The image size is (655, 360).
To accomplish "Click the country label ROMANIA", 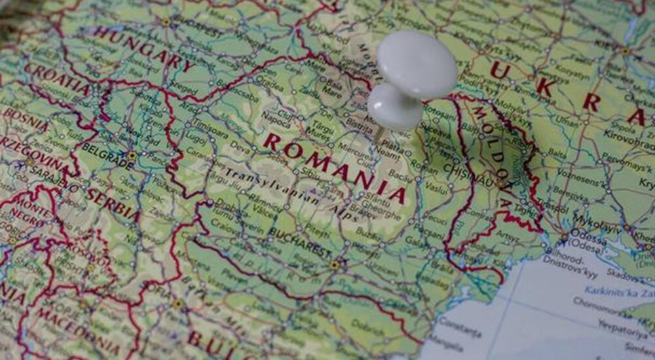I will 334,166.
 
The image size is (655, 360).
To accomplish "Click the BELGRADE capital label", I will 104,157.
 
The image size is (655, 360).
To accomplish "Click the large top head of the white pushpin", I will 417,63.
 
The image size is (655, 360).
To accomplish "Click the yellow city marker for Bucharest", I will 335,265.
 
